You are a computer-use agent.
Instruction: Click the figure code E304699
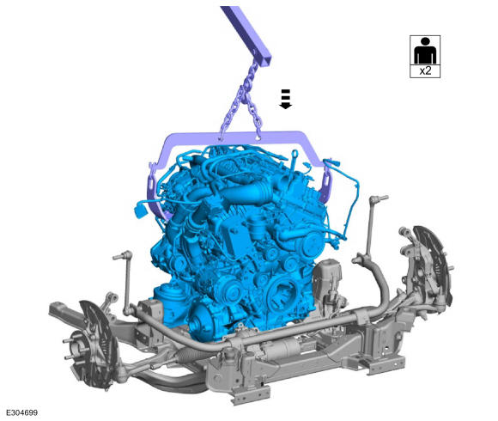(x=22, y=412)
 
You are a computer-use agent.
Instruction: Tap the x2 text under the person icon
(x=425, y=71)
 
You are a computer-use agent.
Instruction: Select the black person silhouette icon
(x=425, y=51)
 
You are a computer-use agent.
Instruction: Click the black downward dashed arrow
(x=286, y=99)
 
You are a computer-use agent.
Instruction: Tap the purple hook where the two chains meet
(x=245, y=95)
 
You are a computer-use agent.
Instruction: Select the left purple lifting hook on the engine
(x=155, y=194)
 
